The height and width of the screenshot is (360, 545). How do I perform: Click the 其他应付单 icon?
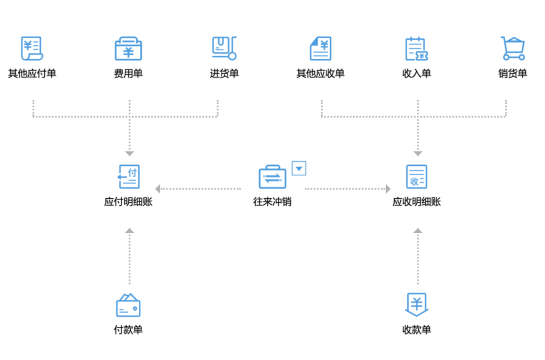pyautogui.click(x=32, y=48)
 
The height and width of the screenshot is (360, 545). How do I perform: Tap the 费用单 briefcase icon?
pyautogui.click(x=128, y=48)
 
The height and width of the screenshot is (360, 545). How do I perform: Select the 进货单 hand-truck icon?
pyautogui.click(x=224, y=48)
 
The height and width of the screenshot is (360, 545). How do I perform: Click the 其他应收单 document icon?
pyautogui.click(x=320, y=48)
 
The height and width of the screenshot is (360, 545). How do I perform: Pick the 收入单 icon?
pyautogui.click(x=417, y=49)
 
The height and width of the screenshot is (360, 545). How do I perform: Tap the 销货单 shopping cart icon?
pyautogui.click(x=513, y=48)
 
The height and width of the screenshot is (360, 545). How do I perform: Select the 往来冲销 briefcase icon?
pyautogui.click(x=272, y=177)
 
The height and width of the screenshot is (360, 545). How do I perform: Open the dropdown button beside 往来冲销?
pyautogui.click(x=299, y=168)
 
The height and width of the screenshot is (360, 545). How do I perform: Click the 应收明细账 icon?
pyautogui.click(x=417, y=176)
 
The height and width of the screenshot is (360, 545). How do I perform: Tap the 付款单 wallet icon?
pyautogui.click(x=128, y=305)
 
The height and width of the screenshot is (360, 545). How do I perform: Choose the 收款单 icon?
pyautogui.click(x=417, y=305)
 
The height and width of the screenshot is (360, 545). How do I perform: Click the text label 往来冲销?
pyautogui.click(x=272, y=202)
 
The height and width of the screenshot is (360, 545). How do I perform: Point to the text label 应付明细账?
pyautogui.click(x=128, y=202)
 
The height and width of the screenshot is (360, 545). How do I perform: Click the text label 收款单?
pyautogui.click(x=417, y=330)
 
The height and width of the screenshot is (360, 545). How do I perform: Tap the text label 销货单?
pyautogui.click(x=513, y=74)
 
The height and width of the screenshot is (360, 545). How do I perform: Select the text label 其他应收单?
pyautogui.click(x=320, y=74)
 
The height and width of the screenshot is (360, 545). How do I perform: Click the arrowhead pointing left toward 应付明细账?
pyautogui.click(x=158, y=189)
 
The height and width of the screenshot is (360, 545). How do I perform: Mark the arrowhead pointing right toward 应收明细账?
pyautogui.click(x=388, y=189)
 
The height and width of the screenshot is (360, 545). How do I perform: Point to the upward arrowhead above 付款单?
pyautogui.click(x=130, y=230)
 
